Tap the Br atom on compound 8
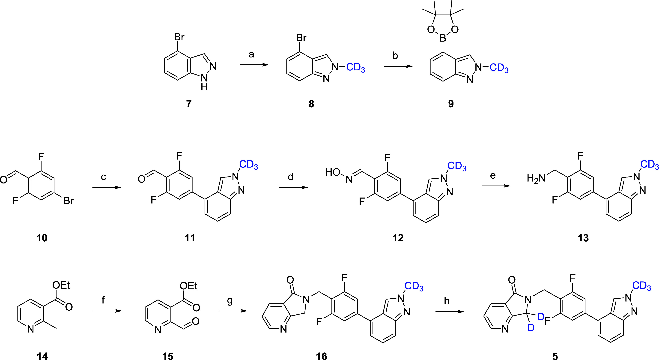301,38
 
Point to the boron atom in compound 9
443,39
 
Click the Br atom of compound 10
69,201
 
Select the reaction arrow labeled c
106,188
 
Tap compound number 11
190,238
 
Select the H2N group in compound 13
536,178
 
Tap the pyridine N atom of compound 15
158,330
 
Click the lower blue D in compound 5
531,328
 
